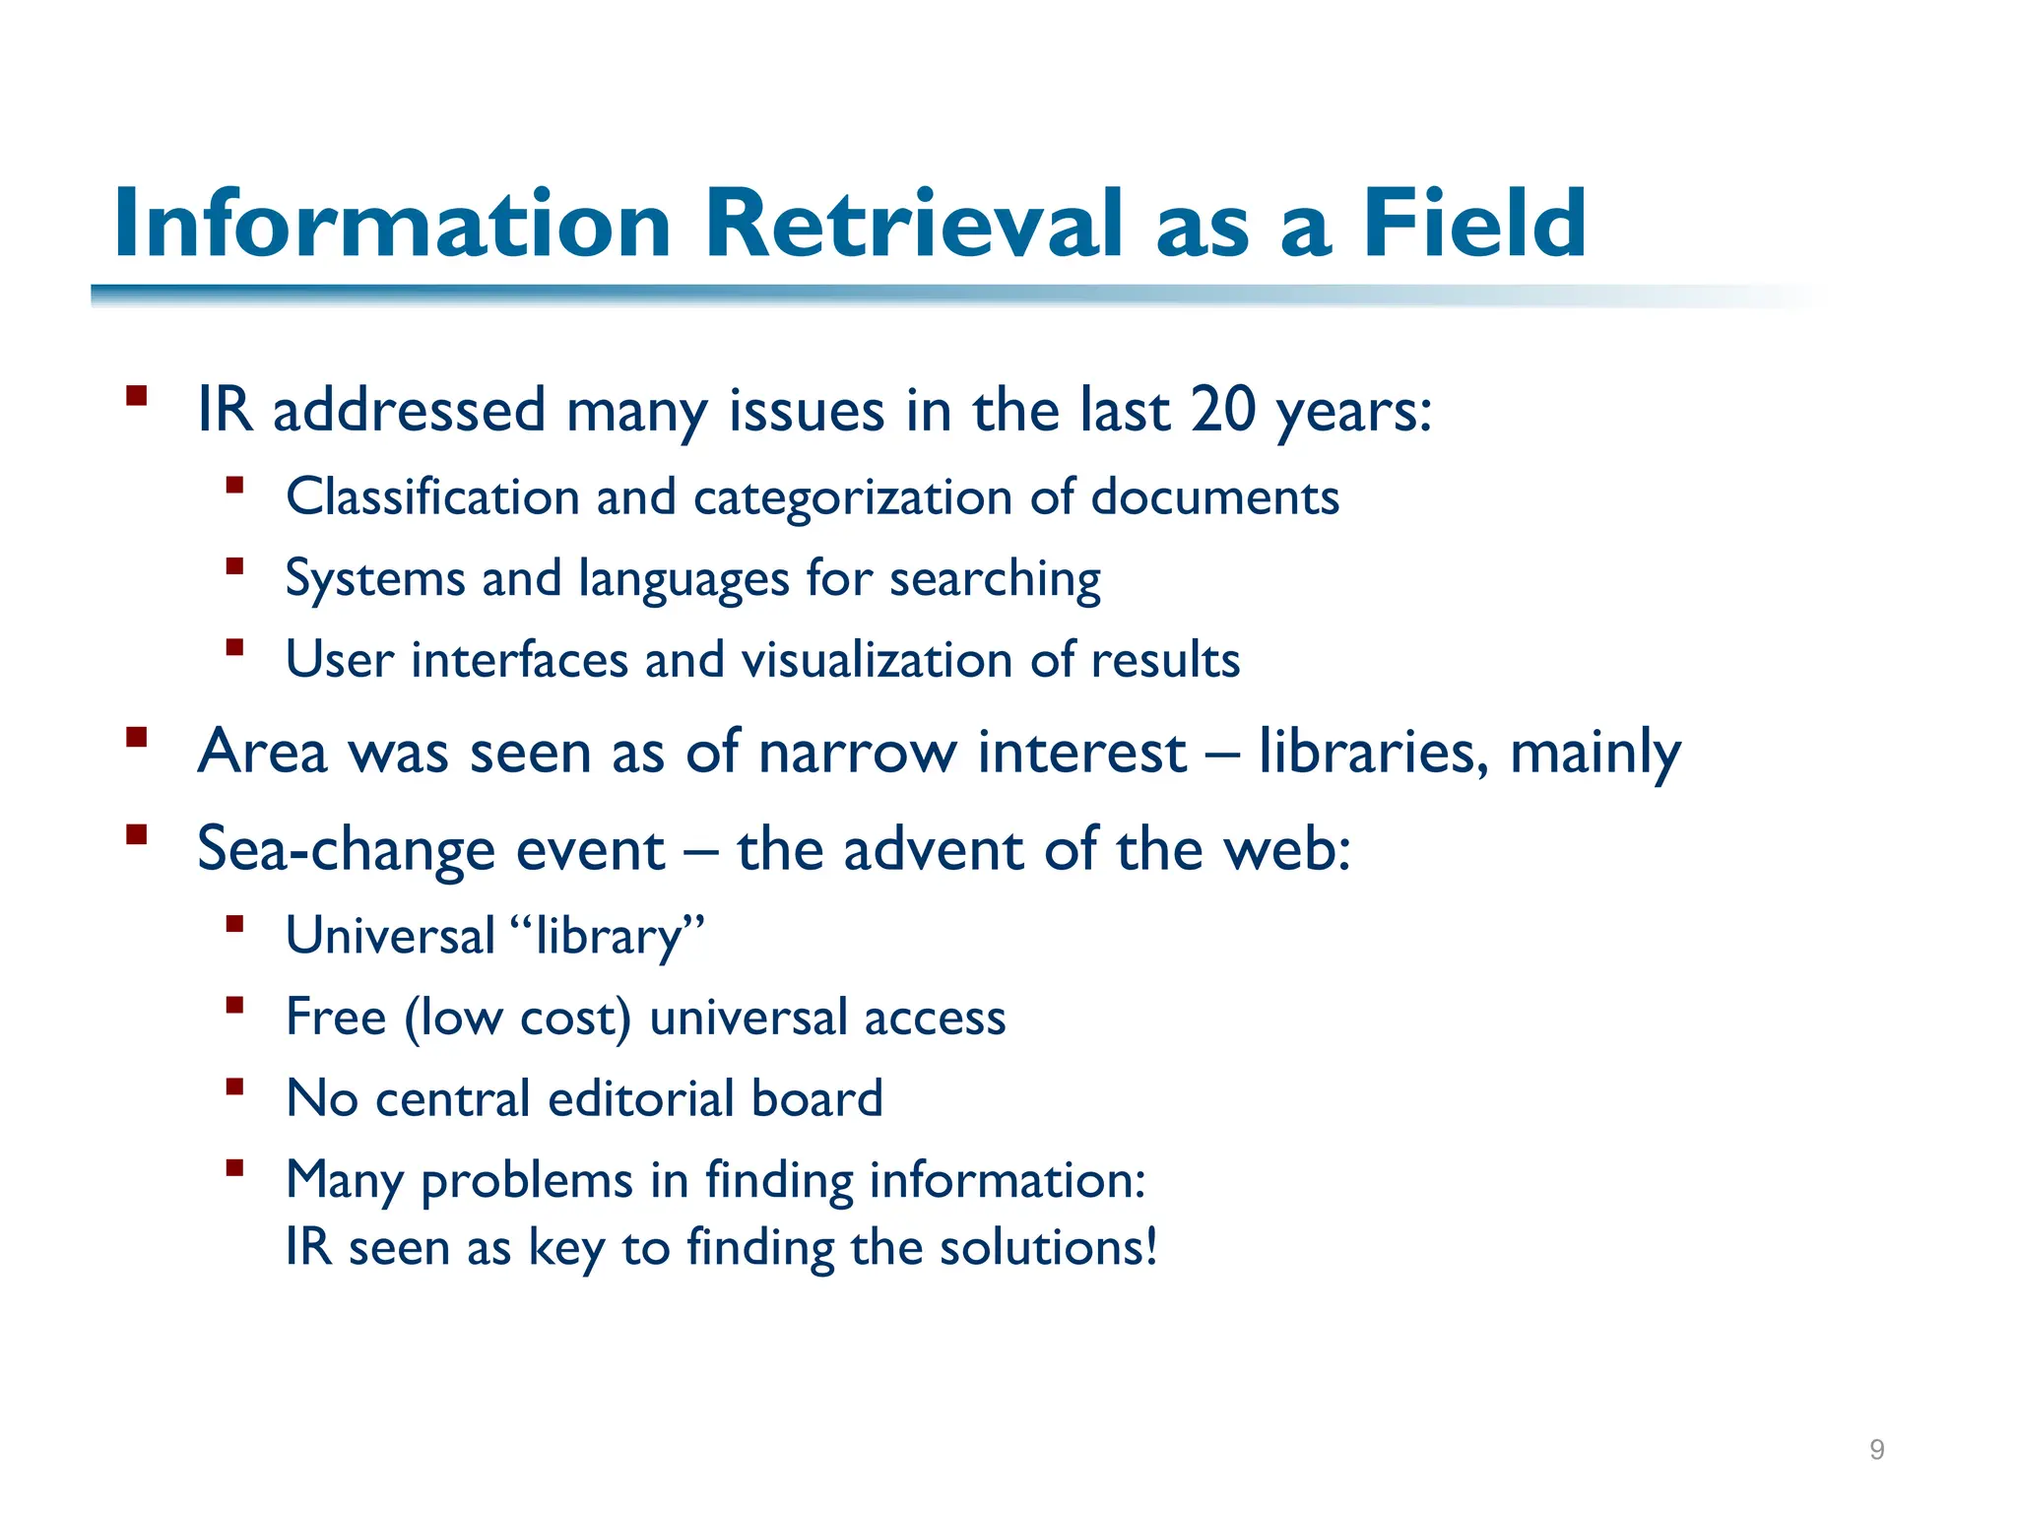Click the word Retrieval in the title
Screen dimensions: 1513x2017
(x=913, y=224)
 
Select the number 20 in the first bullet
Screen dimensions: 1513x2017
(x=1223, y=409)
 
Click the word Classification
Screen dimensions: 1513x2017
(x=432, y=496)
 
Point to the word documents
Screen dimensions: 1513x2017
(x=1215, y=496)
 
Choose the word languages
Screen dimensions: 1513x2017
(x=683, y=579)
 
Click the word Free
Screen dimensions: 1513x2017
(x=336, y=1017)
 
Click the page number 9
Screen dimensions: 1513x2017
(x=1877, y=1449)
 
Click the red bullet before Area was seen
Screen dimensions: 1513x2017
(x=137, y=737)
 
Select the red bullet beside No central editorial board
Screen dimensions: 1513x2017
(x=234, y=1087)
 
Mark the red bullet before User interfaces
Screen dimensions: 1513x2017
(x=234, y=648)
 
